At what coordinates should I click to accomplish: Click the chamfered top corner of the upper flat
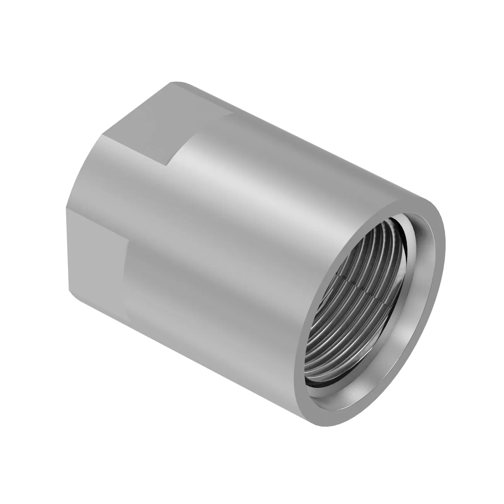tap(172, 83)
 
